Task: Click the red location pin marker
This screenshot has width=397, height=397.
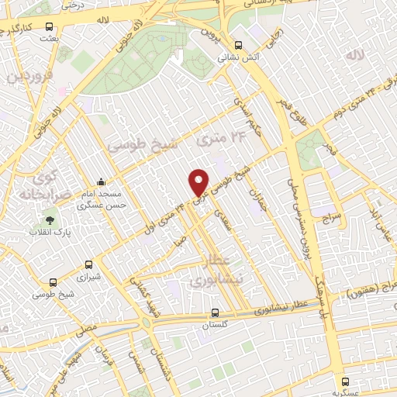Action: [199, 182]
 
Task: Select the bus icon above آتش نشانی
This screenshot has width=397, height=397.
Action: [238, 44]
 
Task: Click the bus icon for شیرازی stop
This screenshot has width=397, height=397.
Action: [89, 264]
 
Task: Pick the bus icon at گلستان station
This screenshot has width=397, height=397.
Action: [216, 314]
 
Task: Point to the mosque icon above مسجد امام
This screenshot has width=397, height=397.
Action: [101, 183]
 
